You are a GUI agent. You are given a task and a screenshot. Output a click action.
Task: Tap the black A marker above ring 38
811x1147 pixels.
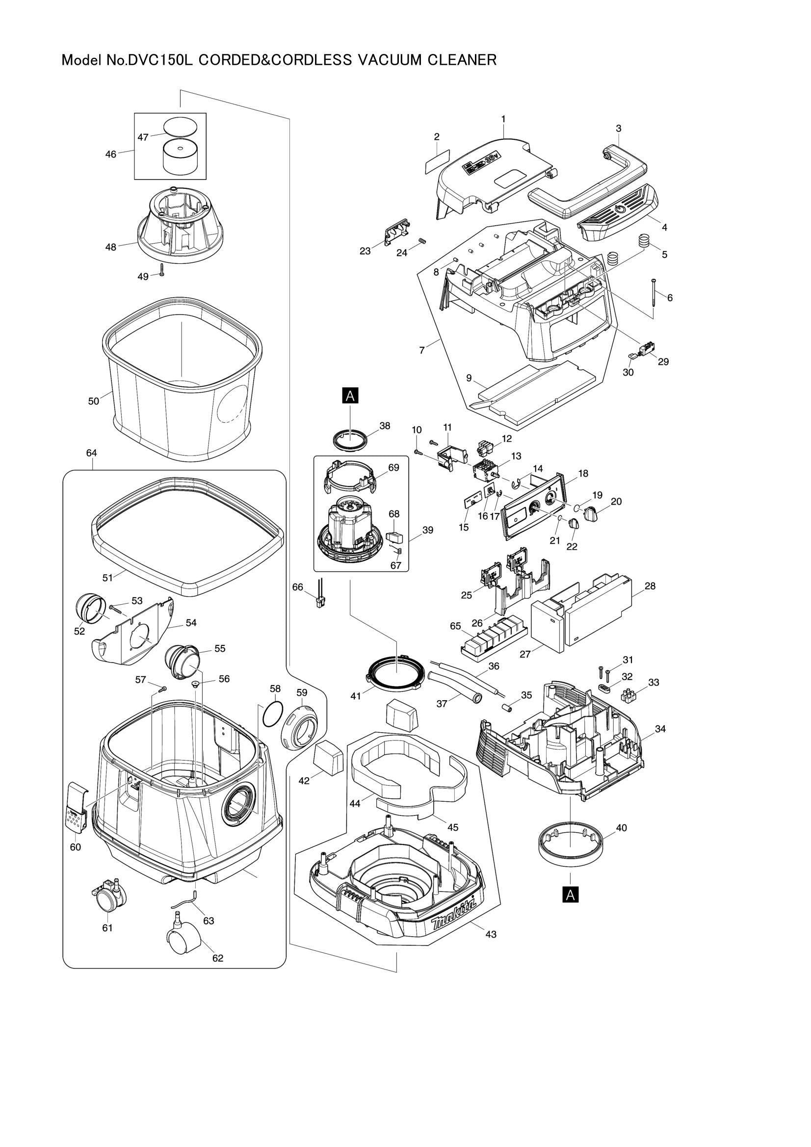[x=350, y=396]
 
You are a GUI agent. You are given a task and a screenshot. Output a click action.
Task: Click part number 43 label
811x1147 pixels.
[x=491, y=934]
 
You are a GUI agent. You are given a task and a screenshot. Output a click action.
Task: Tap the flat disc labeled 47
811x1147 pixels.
[x=181, y=125]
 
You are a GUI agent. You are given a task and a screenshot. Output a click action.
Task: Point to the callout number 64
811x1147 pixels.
[x=91, y=453]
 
